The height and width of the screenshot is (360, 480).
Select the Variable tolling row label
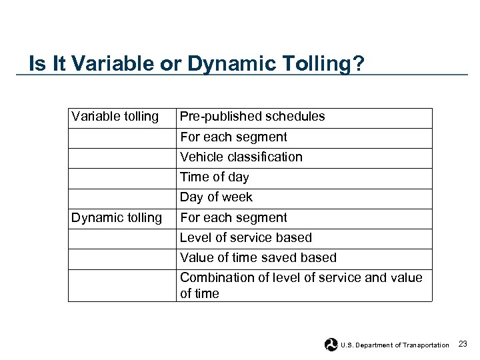pyautogui.click(x=115, y=117)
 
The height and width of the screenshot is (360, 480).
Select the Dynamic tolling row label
pyautogui.click(x=117, y=217)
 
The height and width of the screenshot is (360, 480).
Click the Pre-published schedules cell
pyautogui.click(x=253, y=117)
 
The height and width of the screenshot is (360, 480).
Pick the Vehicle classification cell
pyautogui.click(x=241, y=157)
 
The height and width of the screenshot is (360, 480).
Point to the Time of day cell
pyautogui.click(x=215, y=177)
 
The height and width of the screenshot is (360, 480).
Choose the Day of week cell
pyautogui.click(x=217, y=197)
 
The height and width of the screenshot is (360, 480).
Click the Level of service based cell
pyautogui.click(x=246, y=237)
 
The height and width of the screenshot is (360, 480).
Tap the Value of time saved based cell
pyautogui.click(x=259, y=257)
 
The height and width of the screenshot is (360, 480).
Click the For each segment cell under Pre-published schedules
pyautogui.click(x=233, y=137)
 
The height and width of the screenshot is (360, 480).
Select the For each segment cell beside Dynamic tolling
pyautogui.click(x=233, y=217)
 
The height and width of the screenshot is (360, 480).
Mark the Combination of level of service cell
pyautogui.click(x=301, y=285)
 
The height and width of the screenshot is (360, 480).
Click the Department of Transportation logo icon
pyautogui.click(x=331, y=345)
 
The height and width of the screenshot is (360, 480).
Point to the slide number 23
pyautogui.click(x=463, y=344)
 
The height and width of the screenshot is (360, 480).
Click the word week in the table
pyautogui.click(x=237, y=197)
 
